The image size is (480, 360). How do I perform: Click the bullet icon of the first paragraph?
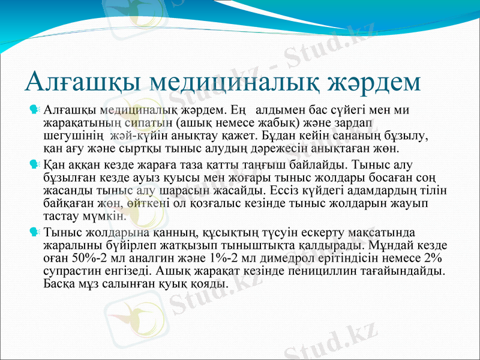tap(35, 110)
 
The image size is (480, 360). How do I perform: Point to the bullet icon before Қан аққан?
tap(35, 163)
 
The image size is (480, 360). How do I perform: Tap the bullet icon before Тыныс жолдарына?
tap(35, 231)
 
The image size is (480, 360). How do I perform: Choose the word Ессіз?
tap(284, 190)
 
